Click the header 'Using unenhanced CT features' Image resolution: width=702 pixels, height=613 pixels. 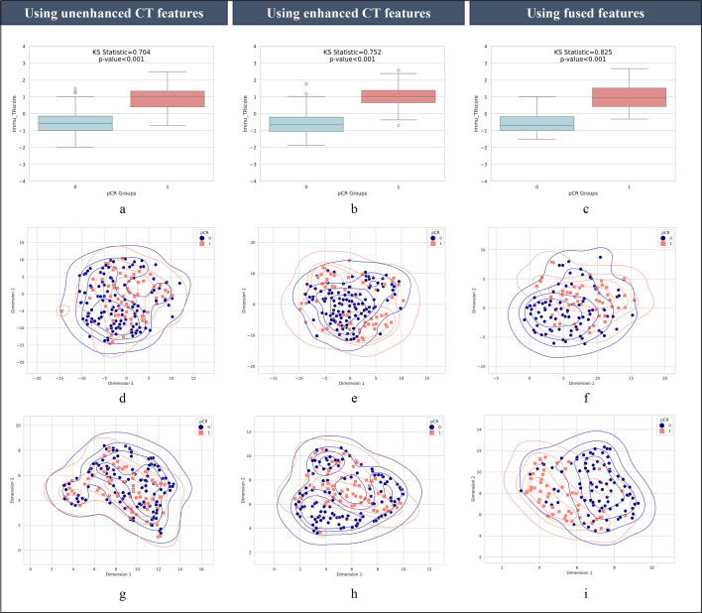pos(117,13)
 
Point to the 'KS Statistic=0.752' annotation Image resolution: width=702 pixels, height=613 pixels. pos(349,49)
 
